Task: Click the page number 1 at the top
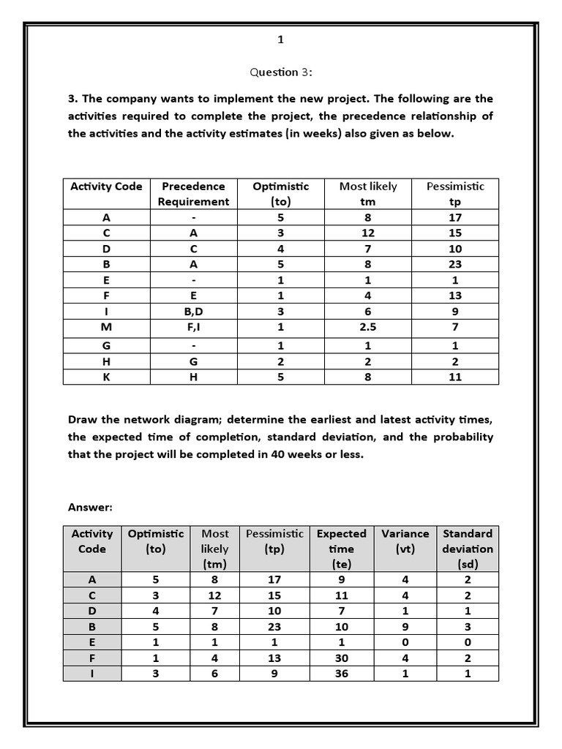(280, 40)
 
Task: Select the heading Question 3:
(280, 72)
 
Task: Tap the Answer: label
(89, 507)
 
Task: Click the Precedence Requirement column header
(194, 194)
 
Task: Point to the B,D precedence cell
(194, 311)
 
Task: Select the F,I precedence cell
(194, 326)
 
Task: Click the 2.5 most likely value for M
(368, 326)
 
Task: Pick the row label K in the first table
(107, 377)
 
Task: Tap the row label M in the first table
(107, 326)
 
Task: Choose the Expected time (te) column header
(341, 549)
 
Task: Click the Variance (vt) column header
(405, 541)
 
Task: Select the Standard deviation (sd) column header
(468, 549)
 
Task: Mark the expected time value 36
(341, 674)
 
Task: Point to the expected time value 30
(341, 658)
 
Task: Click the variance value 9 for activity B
(405, 627)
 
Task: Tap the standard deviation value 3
(468, 627)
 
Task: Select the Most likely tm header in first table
(368, 194)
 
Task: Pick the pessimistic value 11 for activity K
(455, 377)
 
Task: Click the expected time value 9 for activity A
(341, 580)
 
